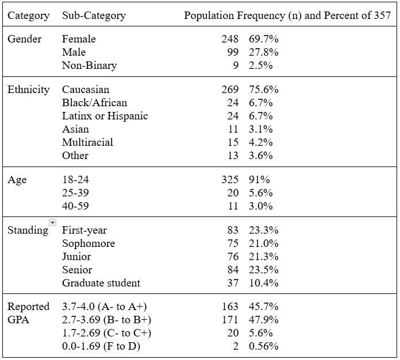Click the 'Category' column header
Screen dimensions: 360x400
[28, 16]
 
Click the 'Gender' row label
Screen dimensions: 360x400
[25, 39]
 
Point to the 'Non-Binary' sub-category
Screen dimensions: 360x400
[89, 65]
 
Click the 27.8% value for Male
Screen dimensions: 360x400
[264, 52]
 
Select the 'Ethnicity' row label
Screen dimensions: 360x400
[28, 90]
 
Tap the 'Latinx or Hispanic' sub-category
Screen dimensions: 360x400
[105, 116]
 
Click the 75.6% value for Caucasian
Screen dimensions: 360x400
[264, 90]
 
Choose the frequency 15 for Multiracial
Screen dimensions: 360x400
[233, 142]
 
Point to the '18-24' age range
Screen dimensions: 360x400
[75, 180]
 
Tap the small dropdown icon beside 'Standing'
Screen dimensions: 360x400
[53, 222]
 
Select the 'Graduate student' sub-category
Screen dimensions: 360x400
[101, 283]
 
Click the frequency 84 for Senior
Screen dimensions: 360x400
[233, 270]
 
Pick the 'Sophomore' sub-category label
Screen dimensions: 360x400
[89, 243]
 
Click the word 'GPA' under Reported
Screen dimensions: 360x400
[18, 320]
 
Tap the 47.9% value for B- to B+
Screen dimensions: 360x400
[264, 320]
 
